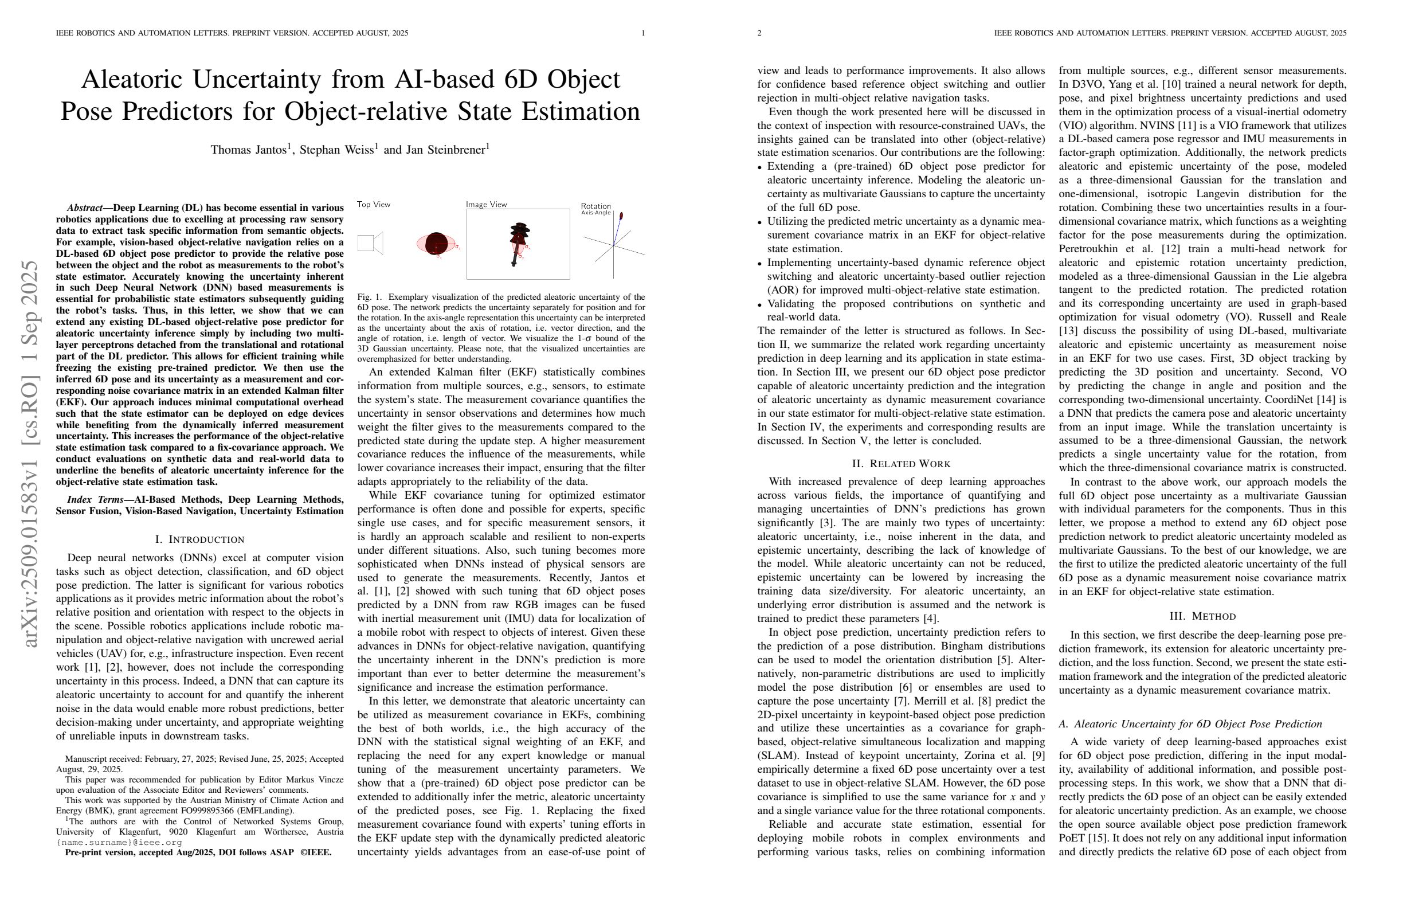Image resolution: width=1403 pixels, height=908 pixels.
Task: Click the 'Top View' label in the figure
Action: [374, 205]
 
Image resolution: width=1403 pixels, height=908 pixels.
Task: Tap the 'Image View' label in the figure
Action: [487, 205]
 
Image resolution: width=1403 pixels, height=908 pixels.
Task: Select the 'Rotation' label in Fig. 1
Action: [595, 206]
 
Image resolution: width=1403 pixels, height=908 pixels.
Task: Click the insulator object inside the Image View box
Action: [518, 242]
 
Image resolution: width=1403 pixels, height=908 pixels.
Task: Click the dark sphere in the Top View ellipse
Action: [436, 242]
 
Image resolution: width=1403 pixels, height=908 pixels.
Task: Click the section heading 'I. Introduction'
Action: [199, 539]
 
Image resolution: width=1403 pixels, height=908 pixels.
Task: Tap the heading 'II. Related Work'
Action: [901, 463]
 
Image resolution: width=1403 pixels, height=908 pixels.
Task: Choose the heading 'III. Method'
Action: [1202, 616]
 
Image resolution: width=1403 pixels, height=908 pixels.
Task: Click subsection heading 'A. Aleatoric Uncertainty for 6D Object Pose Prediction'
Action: [1190, 724]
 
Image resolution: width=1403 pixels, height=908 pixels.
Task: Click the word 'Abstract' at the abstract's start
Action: [85, 208]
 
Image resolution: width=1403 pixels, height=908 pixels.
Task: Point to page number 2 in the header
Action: [759, 33]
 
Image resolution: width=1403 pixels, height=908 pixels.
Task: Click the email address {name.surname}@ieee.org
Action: [119, 842]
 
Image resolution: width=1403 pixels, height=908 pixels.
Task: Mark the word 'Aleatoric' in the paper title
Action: [132, 80]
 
